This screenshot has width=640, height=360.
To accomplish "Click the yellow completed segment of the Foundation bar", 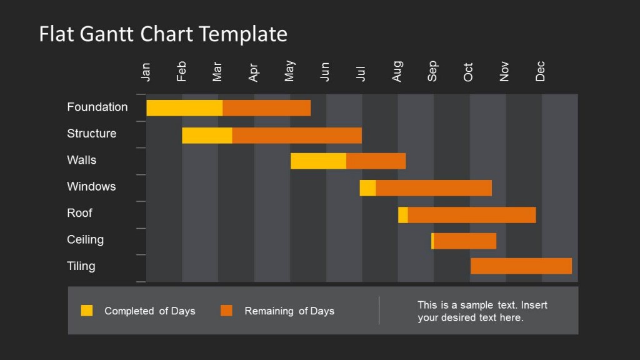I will [184, 107].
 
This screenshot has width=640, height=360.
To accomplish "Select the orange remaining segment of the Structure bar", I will [297, 135].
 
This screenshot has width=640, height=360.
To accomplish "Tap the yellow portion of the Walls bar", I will [318, 161].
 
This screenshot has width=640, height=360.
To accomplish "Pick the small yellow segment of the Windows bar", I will [367, 187].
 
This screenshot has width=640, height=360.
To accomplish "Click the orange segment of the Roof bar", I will [472, 214].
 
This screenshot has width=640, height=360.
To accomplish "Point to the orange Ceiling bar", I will [465, 241].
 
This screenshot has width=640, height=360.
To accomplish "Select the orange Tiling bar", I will [521, 266].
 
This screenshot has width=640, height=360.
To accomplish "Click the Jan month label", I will [146, 72].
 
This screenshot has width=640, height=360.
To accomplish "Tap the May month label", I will [289, 71].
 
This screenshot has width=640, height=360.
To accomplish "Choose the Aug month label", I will [397, 71].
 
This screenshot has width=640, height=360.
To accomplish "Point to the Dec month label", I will [541, 71].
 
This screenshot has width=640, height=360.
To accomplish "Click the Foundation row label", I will [97, 107].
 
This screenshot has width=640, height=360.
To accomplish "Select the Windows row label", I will [91, 186].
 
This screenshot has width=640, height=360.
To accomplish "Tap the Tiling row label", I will [81, 266].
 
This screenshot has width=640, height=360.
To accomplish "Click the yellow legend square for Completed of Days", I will [87, 311].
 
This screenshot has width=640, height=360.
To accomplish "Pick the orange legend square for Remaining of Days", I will [226, 311].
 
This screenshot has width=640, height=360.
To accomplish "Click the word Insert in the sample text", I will [534, 305].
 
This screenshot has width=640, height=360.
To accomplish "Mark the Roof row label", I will [79, 212].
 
